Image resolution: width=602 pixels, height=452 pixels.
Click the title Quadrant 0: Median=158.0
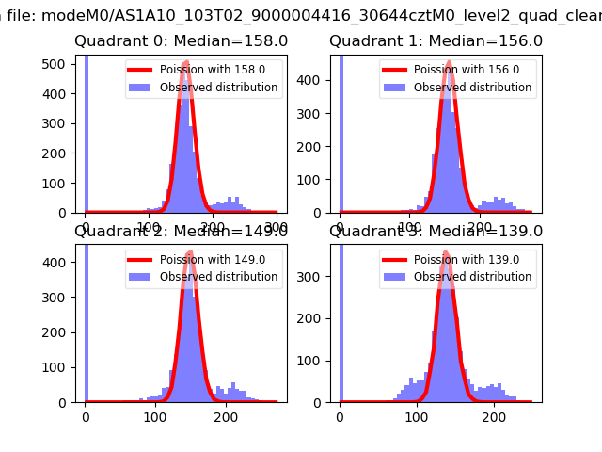182,41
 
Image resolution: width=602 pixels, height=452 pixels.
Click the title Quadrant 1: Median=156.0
436,41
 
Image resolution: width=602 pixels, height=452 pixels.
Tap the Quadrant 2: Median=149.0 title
182,232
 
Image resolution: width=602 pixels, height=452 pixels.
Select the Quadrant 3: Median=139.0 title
436,232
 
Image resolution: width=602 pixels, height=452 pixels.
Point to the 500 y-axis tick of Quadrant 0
58,63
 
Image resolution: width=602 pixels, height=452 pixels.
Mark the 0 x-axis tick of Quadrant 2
86,416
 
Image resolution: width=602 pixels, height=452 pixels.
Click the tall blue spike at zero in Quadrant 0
86,132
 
